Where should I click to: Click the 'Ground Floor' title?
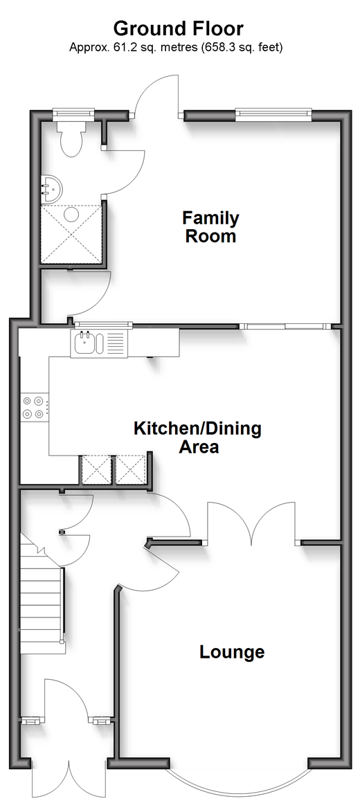[179, 28]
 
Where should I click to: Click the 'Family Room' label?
[210, 227]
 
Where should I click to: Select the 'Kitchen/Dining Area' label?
[198, 437]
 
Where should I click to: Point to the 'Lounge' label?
[232, 652]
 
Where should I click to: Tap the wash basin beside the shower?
[51, 188]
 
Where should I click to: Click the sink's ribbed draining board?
[116, 343]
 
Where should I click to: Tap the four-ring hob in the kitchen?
[33, 406]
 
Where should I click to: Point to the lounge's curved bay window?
[239, 791]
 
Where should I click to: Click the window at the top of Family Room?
[273, 114]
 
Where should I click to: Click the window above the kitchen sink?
[102, 325]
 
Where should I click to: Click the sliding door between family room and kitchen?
[286, 326]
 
